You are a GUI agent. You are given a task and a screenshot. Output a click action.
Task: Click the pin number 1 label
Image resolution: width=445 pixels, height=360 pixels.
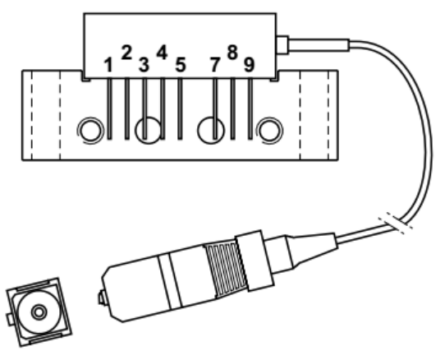click(x=108, y=65)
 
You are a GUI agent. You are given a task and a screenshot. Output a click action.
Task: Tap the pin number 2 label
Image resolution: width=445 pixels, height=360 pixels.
click(x=126, y=53)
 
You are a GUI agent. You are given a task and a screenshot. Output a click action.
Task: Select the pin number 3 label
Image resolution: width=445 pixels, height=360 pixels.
click(x=144, y=65)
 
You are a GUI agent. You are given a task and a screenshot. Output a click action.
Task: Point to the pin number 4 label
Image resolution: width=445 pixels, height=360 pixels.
click(x=162, y=53)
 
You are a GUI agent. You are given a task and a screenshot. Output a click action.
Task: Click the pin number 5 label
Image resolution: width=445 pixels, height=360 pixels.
click(x=181, y=65)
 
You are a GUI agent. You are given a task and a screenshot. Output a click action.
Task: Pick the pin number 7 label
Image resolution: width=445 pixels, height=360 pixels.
click(x=215, y=65)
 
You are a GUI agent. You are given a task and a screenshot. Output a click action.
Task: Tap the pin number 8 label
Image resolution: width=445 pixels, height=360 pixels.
click(x=232, y=53)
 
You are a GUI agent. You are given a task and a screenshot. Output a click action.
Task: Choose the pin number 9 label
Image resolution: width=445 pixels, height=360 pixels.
click(x=249, y=65)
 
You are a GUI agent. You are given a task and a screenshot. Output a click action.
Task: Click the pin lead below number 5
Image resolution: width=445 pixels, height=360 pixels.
click(x=180, y=108)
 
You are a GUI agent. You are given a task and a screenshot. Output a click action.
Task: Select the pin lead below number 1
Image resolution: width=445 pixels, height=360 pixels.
click(x=109, y=108)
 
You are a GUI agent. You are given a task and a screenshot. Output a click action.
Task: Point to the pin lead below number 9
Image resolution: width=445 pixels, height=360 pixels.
click(x=250, y=108)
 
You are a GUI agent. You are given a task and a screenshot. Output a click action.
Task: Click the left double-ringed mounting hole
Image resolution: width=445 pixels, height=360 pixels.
click(x=90, y=131)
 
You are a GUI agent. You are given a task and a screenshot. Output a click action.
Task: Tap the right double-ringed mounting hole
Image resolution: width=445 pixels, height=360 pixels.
click(x=269, y=131)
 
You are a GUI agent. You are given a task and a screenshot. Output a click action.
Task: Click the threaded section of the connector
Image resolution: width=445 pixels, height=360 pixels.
click(x=226, y=270)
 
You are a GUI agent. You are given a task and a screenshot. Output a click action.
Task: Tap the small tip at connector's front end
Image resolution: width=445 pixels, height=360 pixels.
click(x=103, y=298)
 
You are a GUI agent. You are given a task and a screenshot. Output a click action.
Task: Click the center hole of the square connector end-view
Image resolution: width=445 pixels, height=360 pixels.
click(x=39, y=312)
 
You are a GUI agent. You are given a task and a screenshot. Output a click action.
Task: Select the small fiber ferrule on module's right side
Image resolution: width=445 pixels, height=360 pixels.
click(x=282, y=44)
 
